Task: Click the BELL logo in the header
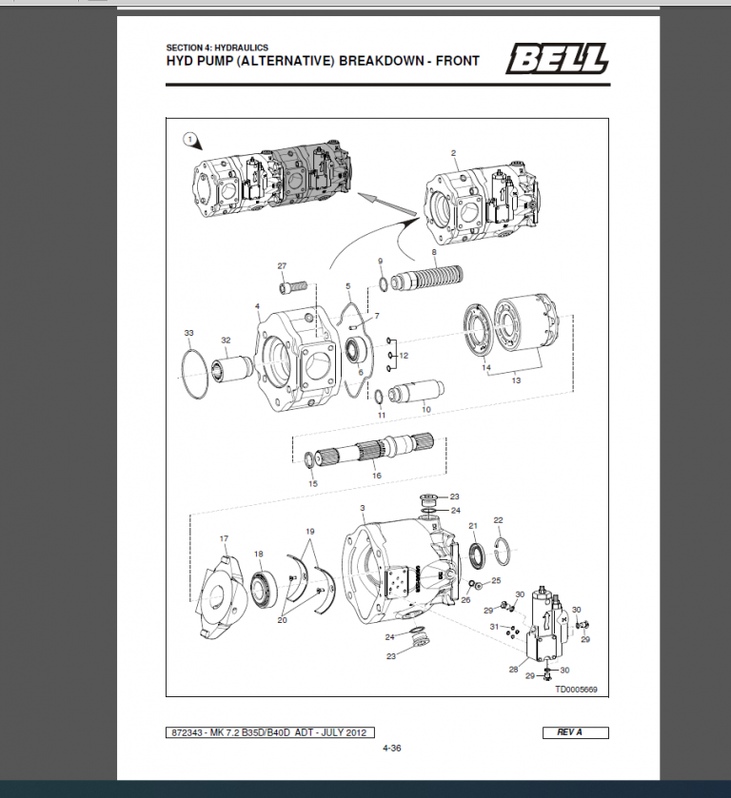557,61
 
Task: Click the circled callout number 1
190,141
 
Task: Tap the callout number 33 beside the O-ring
188,332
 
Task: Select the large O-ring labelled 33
195,377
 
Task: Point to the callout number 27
282,265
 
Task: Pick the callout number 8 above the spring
433,252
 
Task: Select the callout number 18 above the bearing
258,554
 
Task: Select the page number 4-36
391,749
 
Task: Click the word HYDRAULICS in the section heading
242,47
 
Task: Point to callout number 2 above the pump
453,152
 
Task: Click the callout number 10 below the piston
425,409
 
